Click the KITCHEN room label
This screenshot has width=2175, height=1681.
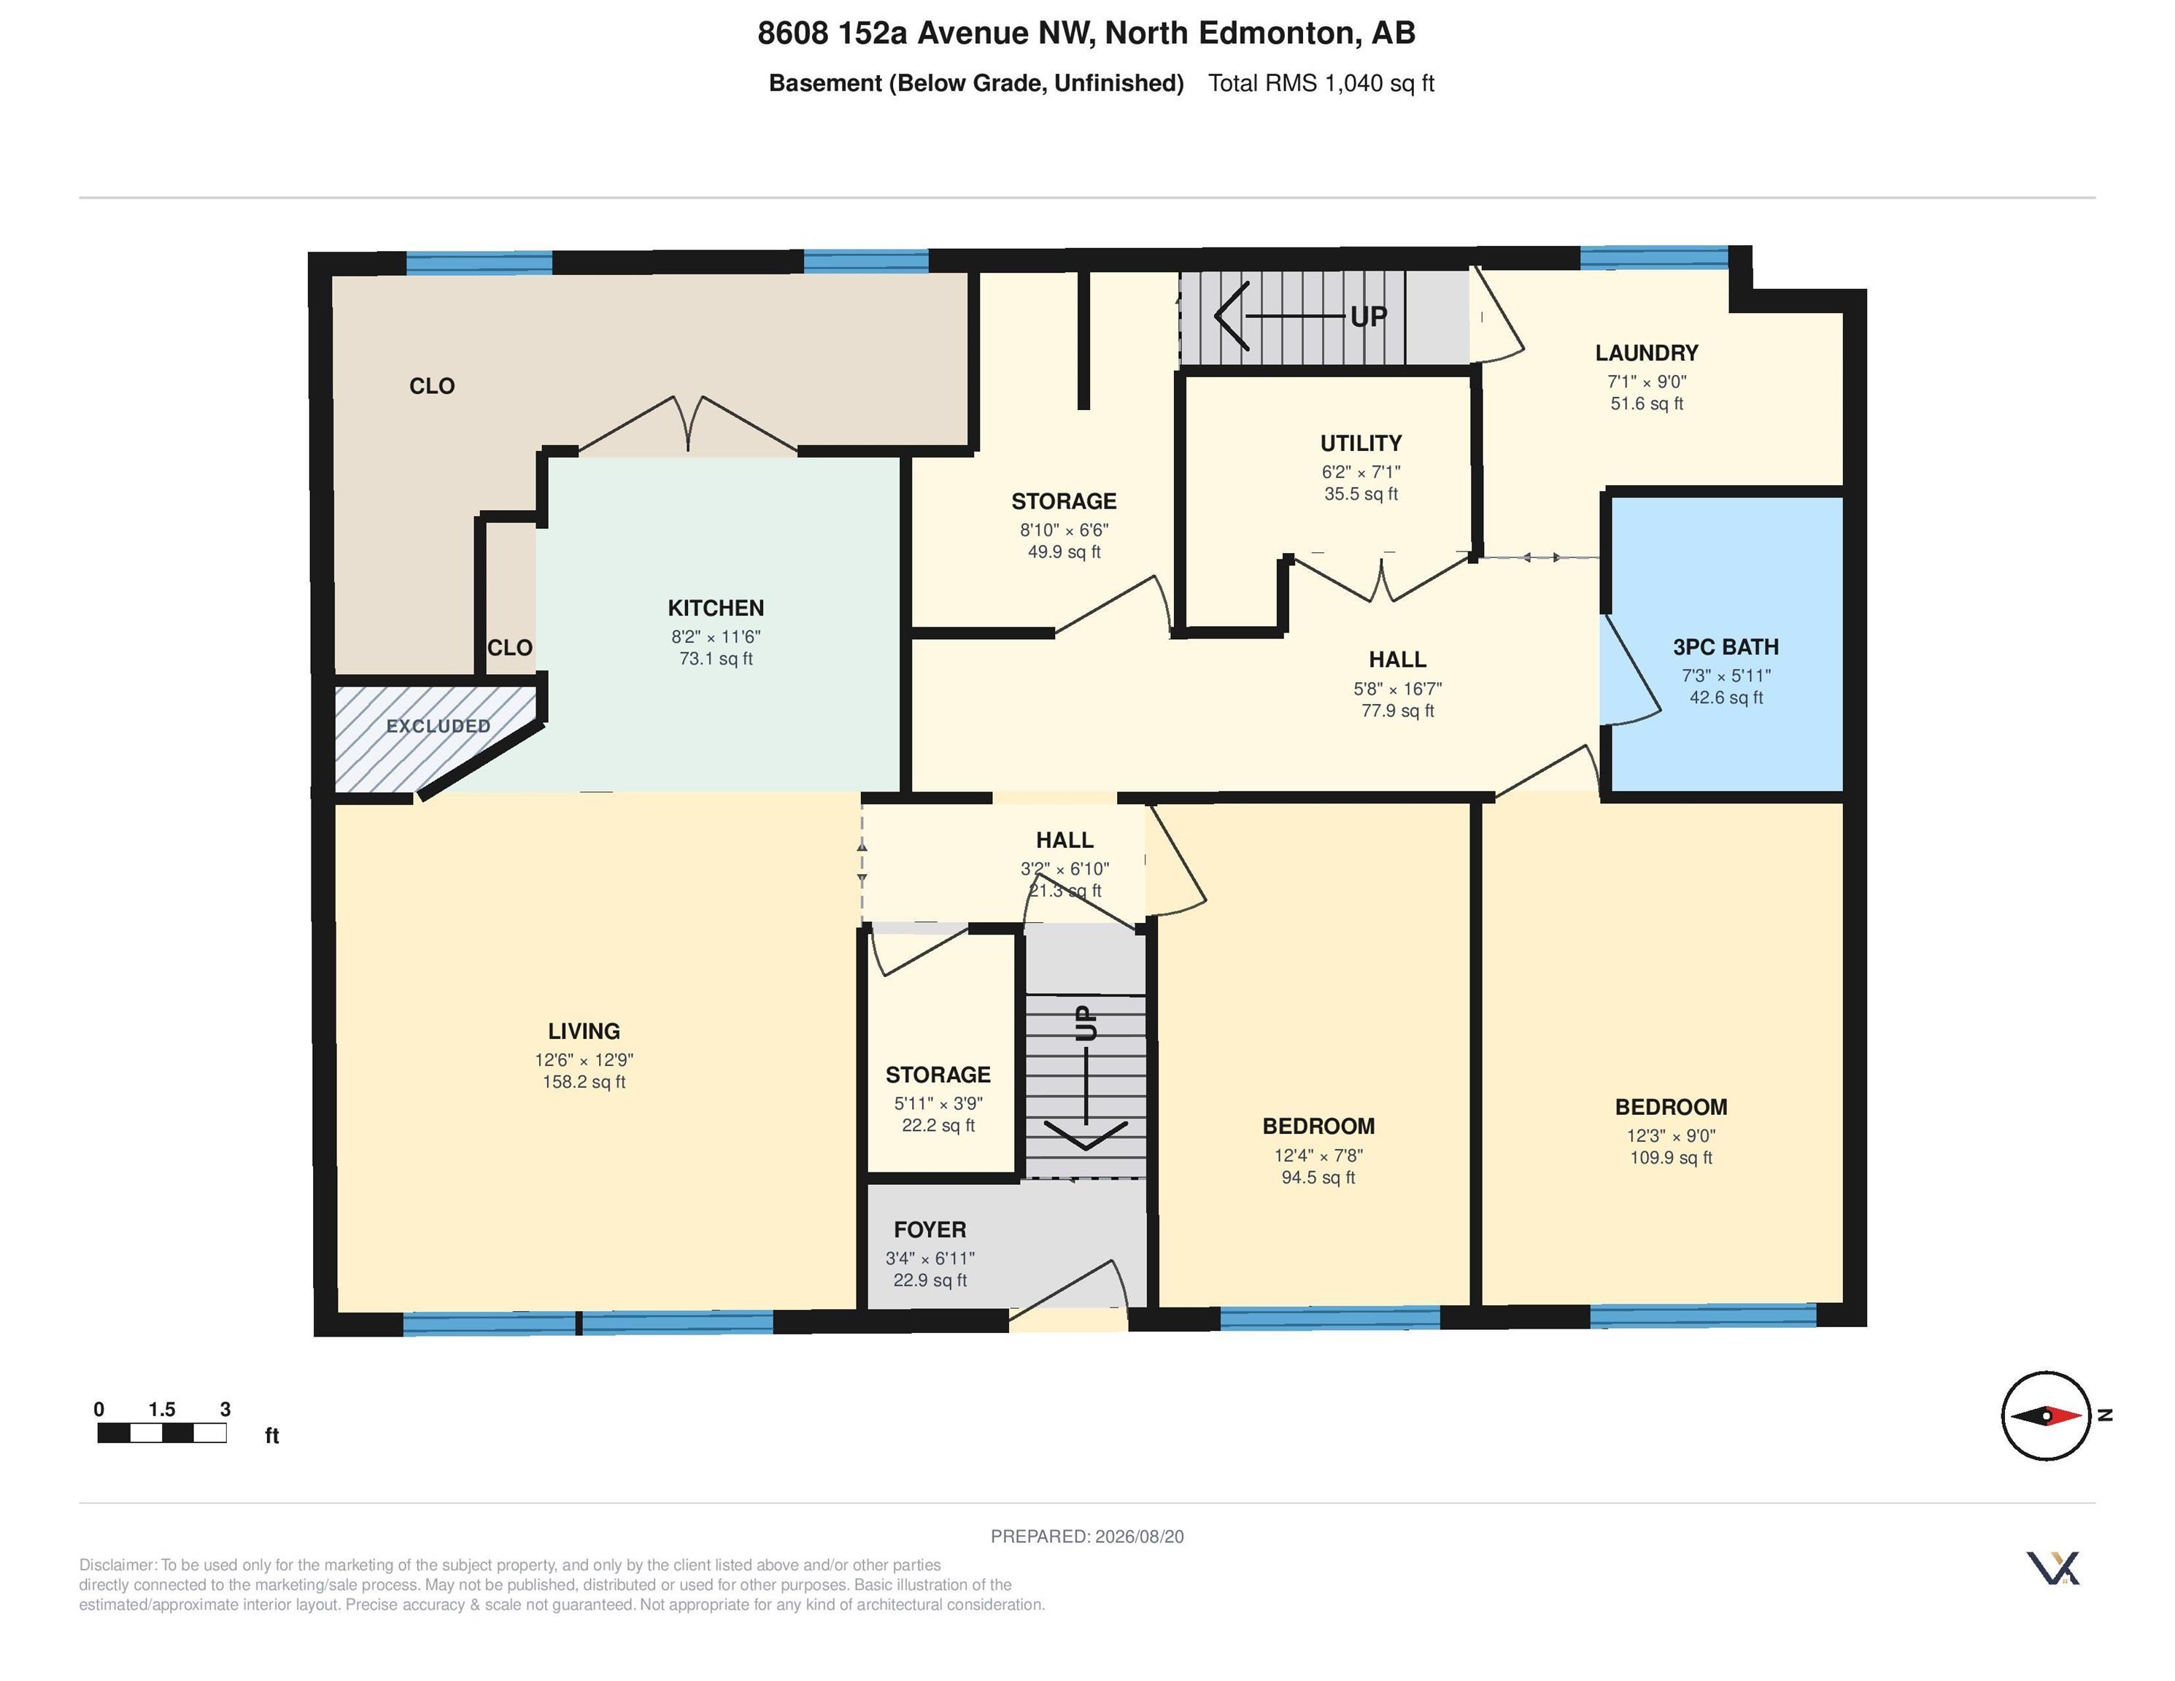(715, 608)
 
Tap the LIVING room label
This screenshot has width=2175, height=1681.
(584, 1031)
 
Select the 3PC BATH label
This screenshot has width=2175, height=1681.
(1725, 646)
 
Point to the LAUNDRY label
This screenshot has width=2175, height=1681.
(1646, 352)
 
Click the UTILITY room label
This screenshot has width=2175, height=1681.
(1360, 443)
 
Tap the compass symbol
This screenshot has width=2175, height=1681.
(2047, 1415)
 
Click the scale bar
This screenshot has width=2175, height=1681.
(161, 1433)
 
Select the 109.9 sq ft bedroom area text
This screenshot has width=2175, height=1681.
(1670, 1157)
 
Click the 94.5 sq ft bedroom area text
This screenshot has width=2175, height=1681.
(1318, 1177)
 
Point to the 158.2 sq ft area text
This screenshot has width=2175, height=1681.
(584, 1081)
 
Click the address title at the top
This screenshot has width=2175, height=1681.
(1086, 33)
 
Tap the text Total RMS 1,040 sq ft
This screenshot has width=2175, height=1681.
(1321, 82)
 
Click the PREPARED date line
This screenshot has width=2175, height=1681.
(1086, 1537)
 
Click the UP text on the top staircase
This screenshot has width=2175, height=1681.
(1368, 317)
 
